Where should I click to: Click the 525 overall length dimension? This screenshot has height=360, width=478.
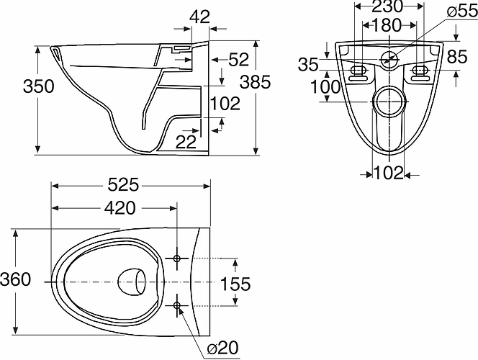coord(123,185)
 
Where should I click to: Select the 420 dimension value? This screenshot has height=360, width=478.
coord(119,208)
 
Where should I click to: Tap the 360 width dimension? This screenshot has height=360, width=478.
coord(15,279)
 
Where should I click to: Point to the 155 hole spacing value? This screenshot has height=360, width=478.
coord(235,284)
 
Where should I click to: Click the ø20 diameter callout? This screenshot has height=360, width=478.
coord(222,348)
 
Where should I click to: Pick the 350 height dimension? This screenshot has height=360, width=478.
coord(39,86)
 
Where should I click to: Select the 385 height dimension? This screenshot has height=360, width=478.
coord(255,82)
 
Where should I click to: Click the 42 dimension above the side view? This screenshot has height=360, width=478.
coord(200,17)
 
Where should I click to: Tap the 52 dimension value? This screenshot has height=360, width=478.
coord(239,60)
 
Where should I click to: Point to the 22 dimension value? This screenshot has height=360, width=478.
coord(186,142)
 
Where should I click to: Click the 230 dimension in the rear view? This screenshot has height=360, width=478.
coord(387,6)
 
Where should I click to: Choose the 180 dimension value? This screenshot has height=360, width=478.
coord(386,26)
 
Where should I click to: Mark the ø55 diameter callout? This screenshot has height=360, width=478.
coord(462,12)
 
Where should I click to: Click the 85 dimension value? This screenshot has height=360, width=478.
coord(457,57)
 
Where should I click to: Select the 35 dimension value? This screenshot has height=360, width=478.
coord(308,65)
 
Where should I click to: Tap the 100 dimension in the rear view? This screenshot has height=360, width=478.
coord(325,87)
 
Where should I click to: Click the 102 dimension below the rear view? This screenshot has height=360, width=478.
coord(389,174)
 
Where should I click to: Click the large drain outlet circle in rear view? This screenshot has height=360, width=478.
coord(389,88)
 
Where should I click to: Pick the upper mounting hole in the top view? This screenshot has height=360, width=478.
coord(177,258)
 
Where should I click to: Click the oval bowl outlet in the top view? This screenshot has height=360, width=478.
coord(132,282)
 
